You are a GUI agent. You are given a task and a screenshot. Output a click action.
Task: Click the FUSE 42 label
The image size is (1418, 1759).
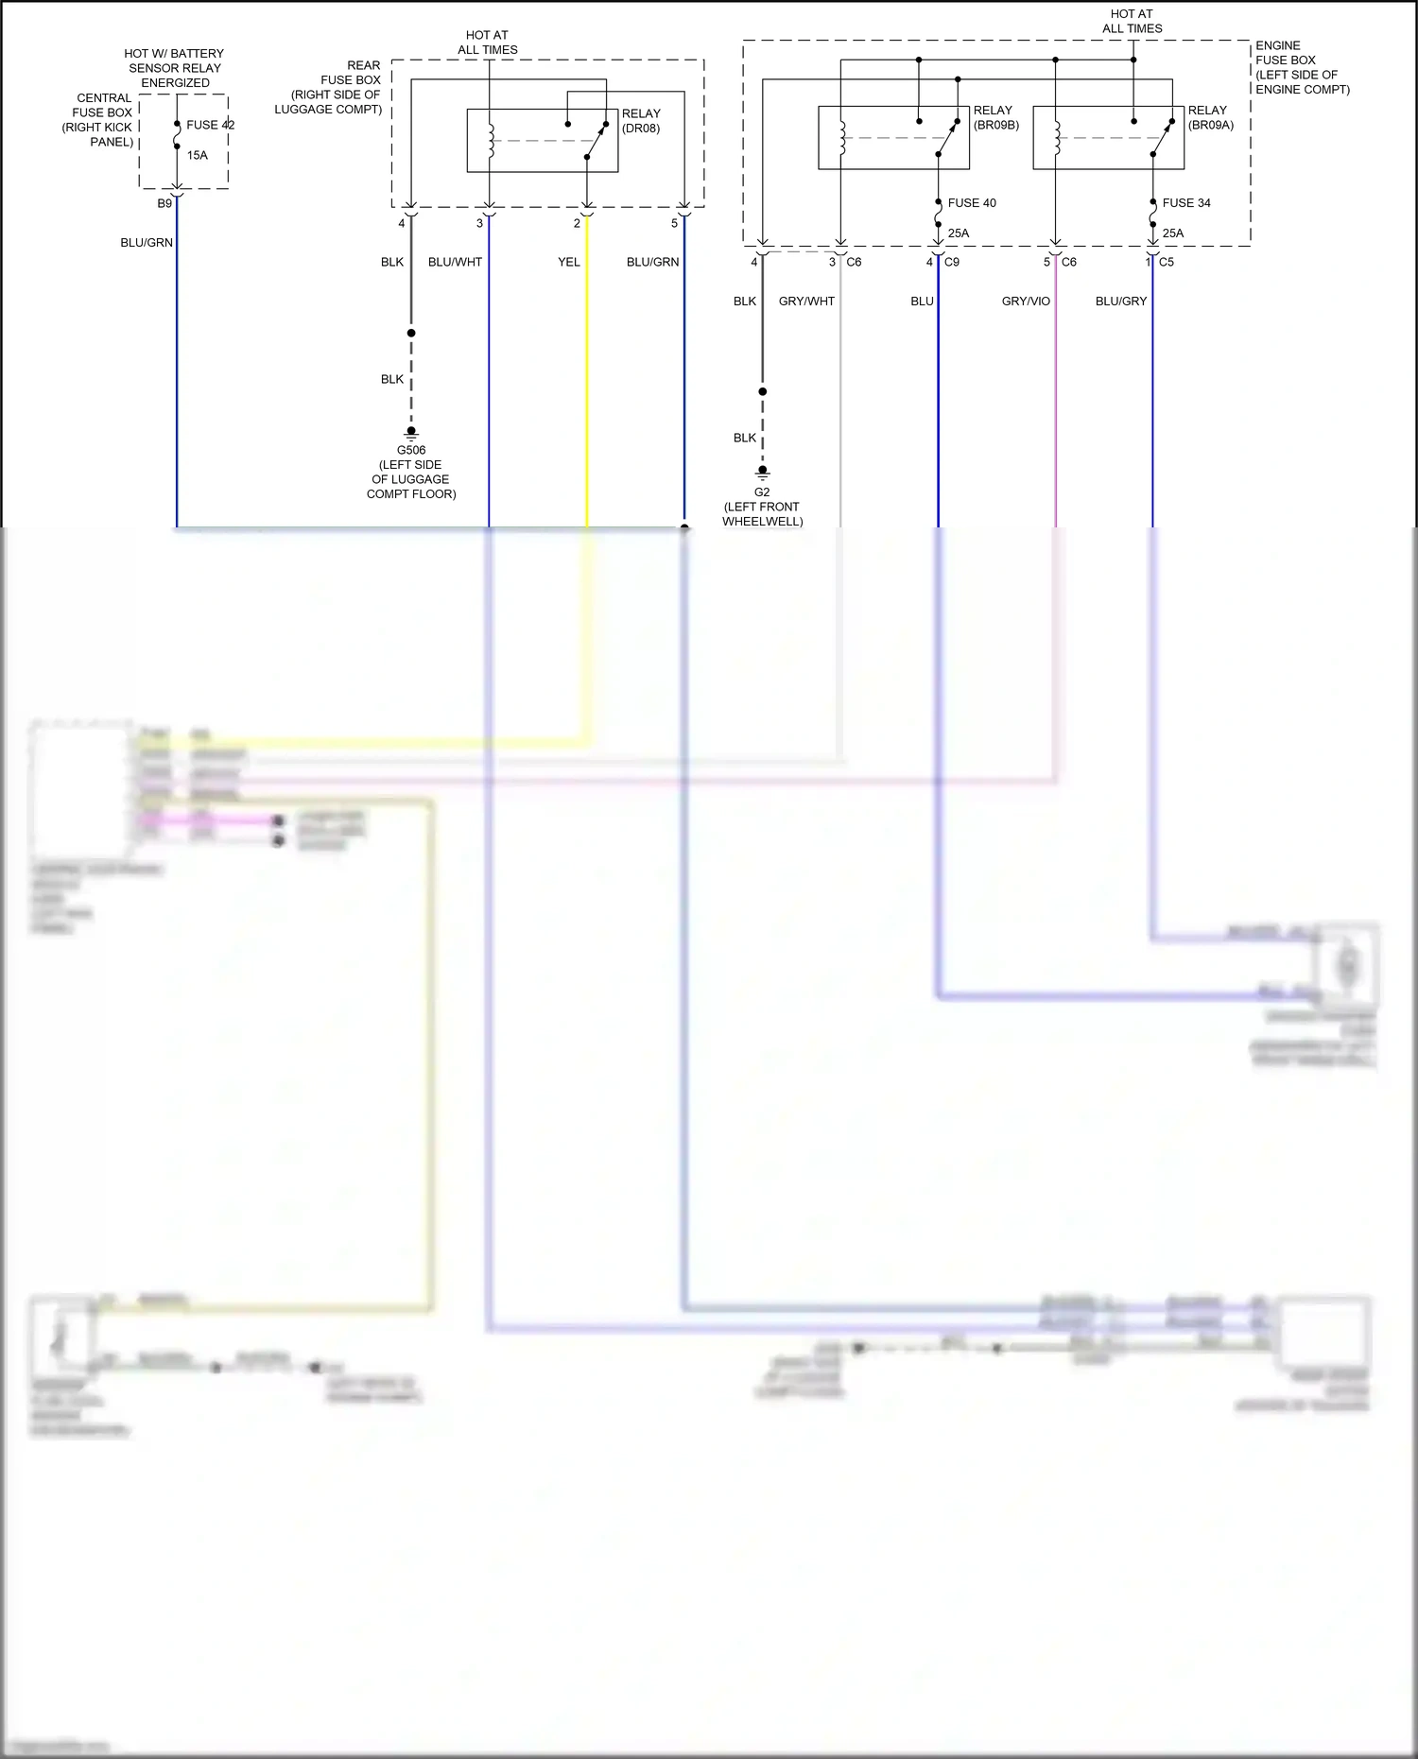(210, 125)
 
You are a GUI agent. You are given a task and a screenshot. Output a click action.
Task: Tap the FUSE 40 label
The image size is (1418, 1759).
(971, 203)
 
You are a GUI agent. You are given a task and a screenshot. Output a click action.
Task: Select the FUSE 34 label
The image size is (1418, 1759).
(1185, 203)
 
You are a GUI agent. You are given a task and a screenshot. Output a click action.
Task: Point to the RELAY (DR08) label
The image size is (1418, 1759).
(641, 121)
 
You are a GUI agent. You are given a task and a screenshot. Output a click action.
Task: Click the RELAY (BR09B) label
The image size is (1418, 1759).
(995, 117)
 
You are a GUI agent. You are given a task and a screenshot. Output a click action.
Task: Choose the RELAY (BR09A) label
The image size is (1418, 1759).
(1210, 117)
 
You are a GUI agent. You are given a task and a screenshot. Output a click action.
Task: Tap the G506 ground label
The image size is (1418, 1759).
(411, 450)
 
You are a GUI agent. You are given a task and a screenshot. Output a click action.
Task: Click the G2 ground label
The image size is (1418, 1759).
(762, 492)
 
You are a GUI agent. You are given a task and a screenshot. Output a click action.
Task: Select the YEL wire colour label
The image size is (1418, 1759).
(568, 262)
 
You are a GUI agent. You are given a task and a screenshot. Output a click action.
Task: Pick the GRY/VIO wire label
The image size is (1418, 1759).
(1026, 302)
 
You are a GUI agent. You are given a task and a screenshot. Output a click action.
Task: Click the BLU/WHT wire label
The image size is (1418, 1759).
(455, 262)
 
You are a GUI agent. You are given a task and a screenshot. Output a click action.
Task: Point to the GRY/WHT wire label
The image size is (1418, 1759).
(806, 302)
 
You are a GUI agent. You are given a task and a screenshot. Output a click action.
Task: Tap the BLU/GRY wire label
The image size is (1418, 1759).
(1121, 302)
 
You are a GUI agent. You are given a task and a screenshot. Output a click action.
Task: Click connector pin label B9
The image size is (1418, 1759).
(164, 203)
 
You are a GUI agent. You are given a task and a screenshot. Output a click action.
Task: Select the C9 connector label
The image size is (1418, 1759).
(951, 262)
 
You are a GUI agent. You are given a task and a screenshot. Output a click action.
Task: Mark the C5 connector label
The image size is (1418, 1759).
(1167, 262)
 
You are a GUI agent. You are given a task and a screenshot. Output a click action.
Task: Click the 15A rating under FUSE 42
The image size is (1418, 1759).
(197, 155)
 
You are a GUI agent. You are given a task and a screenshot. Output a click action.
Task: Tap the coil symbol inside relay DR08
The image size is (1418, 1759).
(491, 140)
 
